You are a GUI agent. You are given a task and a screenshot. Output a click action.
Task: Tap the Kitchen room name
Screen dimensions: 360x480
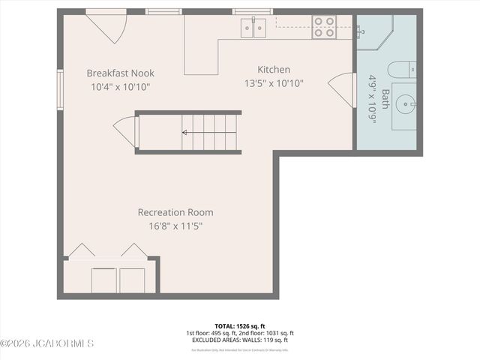[x=274, y=70]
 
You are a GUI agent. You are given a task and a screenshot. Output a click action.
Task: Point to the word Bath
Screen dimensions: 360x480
[x=385, y=99]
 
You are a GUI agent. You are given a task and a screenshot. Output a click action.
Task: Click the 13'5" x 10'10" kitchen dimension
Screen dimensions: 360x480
[x=274, y=83]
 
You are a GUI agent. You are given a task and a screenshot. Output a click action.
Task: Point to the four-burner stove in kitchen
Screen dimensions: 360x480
[x=324, y=27]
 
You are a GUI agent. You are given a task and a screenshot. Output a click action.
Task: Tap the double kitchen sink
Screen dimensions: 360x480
[x=253, y=28]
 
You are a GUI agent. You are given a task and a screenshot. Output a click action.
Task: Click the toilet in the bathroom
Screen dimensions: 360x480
[x=402, y=70]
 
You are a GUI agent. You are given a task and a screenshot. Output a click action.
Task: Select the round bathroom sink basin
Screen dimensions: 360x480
[x=406, y=101]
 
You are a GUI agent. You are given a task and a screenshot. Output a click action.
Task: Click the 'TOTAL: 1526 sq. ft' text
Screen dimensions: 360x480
[x=240, y=326]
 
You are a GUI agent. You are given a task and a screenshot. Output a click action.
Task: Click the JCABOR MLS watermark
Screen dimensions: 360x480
[x=46, y=343]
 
